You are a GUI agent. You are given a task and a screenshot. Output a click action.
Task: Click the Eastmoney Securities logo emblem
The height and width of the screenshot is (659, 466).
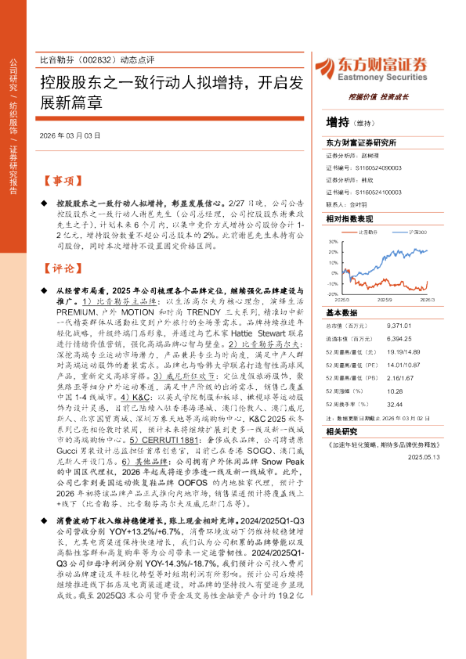point(338,66)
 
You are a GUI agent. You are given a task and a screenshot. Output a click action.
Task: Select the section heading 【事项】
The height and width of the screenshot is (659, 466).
point(60,181)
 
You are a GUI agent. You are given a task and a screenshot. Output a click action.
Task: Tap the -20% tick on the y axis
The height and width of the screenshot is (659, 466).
point(333,294)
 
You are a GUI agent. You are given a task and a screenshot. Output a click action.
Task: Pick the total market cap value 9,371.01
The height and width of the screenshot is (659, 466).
point(399,324)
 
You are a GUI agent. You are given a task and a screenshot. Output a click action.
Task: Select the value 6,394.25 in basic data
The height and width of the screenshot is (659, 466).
point(399,340)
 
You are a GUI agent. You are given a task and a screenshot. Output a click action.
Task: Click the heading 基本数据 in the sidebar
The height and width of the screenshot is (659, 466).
point(341,311)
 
